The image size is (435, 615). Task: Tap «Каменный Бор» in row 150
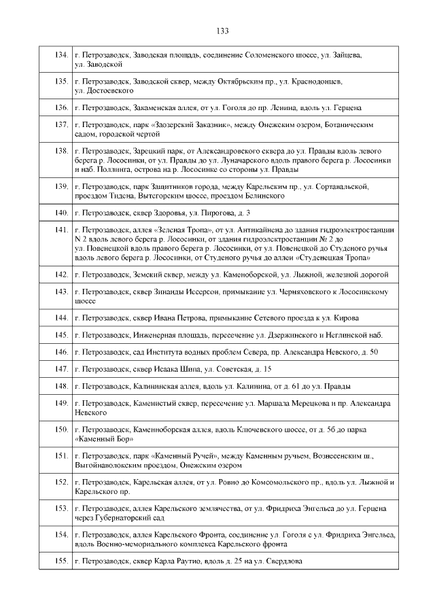[98, 438]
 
